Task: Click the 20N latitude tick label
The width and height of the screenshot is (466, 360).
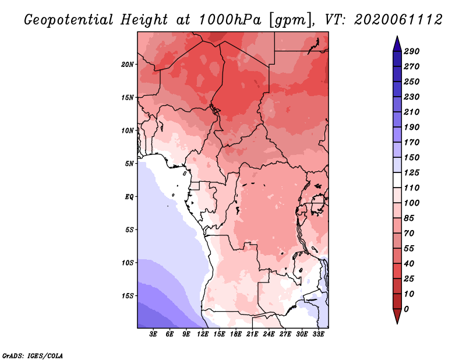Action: (x=128, y=65)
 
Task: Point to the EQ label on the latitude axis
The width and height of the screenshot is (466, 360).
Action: (x=129, y=197)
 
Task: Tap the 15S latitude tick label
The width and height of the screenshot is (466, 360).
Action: (x=128, y=296)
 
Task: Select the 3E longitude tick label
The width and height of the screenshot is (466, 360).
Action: (x=153, y=334)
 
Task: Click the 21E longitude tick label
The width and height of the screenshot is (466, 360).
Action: (x=252, y=334)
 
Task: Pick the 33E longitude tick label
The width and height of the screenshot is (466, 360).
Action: (x=318, y=334)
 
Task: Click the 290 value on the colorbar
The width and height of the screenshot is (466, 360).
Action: (x=412, y=51)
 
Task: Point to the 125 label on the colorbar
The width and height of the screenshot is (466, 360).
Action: (x=412, y=172)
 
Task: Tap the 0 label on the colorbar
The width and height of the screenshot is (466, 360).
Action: (x=406, y=309)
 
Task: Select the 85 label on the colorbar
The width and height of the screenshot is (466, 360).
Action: (x=409, y=218)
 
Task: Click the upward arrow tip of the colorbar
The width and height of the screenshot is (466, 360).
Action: (x=397, y=36)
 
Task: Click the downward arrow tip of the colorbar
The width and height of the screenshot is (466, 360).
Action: (x=397, y=323)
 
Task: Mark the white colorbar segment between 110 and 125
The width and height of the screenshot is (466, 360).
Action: (x=397, y=180)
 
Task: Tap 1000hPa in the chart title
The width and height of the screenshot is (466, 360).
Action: (x=230, y=20)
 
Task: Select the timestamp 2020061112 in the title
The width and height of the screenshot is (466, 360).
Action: (x=398, y=20)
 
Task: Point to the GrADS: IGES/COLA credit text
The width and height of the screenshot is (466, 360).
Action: (x=33, y=356)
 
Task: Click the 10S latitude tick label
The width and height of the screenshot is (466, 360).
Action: (x=128, y=263)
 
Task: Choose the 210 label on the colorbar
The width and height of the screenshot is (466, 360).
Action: (x=412, y=112)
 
